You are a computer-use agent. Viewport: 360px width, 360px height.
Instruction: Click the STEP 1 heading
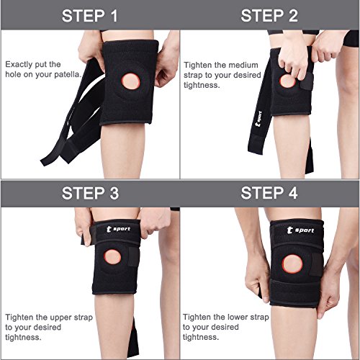(x=90, y=16)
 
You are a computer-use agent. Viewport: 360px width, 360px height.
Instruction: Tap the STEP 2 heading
(x=269, y=16)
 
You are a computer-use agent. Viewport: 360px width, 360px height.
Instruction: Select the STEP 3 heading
(x=90, y=193)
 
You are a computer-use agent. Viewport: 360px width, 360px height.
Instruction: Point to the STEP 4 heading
(x=269, y=193)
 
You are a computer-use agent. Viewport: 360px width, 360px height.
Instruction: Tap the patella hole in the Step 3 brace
(x=112, y=257)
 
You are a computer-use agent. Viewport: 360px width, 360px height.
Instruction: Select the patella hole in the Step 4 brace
(x=292, y=264)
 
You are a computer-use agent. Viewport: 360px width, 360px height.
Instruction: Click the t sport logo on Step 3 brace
(x=118, y=229)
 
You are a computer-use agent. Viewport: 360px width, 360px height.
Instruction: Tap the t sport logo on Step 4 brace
(x=300, y=230)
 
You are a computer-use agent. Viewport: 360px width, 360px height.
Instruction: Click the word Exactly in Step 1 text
(x=19, y=65)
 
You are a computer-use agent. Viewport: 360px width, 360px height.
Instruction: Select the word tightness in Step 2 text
(x=202, y=85)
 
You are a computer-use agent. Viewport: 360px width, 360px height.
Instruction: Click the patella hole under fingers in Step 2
(x=287, y=81)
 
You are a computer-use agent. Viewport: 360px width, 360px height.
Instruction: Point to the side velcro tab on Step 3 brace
(x=133, y=257)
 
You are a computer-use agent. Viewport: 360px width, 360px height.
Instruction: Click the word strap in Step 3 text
(x=84, y=318)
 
